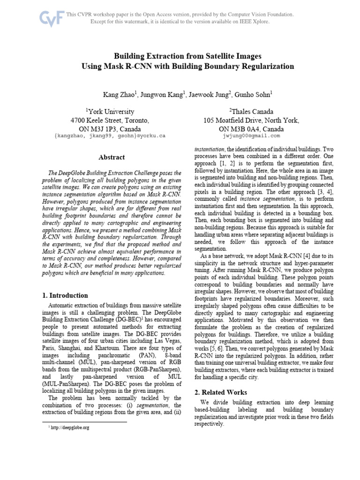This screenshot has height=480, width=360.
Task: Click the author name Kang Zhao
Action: [x=119, y=94]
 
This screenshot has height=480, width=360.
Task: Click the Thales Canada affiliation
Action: [x=251, y=112]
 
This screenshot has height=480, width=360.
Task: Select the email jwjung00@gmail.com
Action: [x=251, y=136]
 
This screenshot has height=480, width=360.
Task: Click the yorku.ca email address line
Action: [x=110, y=136]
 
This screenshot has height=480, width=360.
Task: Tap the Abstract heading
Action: [x=111, y=157]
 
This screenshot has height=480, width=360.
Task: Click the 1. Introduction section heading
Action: [x=65, y=295]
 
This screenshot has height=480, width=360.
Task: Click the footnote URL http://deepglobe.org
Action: [x=71, y=427]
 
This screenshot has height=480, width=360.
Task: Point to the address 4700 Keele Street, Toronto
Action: [x=110, y=120]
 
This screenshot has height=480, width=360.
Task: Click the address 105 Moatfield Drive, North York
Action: [x=251, y=120]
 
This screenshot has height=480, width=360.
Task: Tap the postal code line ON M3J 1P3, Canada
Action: [x=110, y=128]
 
